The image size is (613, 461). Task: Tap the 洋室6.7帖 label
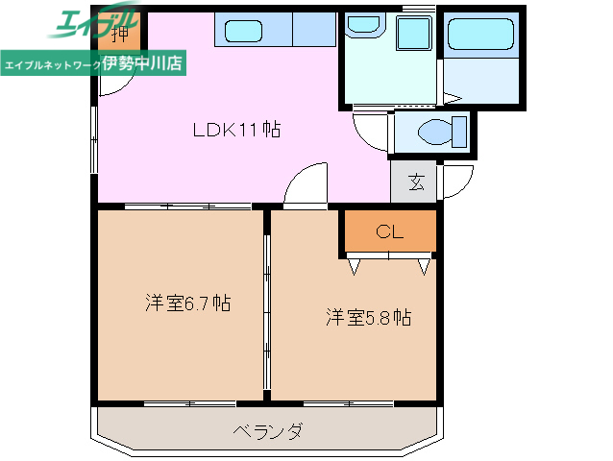[187, 303]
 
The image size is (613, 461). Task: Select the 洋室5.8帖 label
[367, 317]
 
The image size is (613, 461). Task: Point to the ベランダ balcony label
[268, 431]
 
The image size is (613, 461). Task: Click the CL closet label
[389, 230]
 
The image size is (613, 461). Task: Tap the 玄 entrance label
[416, 182]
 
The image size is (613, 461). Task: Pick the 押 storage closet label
[119, 36]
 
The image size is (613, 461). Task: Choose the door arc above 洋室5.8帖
[307, 184]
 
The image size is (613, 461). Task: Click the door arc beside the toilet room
[370, 130]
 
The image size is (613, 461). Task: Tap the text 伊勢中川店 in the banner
[143, 63]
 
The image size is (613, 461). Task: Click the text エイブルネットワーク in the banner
[52, 64]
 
